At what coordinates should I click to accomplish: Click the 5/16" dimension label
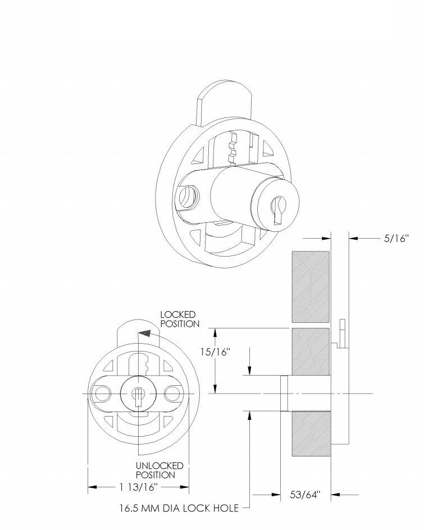[396, 239]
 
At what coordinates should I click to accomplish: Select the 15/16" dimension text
[215, 352]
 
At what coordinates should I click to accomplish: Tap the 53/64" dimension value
[305, 495]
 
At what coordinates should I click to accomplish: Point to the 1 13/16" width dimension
[139, 487]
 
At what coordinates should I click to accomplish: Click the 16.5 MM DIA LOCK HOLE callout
[179, 508]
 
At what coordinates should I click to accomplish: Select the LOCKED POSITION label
[180, 319]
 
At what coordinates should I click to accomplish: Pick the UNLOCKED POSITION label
[159, 470]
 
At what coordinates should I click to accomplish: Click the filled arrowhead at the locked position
[145, 333]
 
